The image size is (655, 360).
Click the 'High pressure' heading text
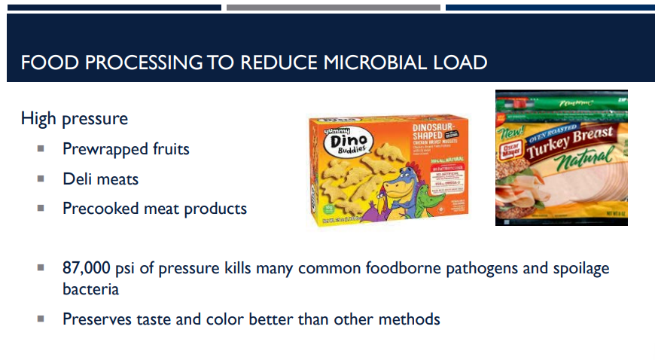pos(75,118)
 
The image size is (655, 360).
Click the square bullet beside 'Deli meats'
pos(41,178)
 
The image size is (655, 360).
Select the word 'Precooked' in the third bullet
pos(96,208)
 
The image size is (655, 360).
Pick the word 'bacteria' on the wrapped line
pos(90,289)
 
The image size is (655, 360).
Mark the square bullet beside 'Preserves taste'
pos(41,319)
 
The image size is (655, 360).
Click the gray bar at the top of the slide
pos(333,8)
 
